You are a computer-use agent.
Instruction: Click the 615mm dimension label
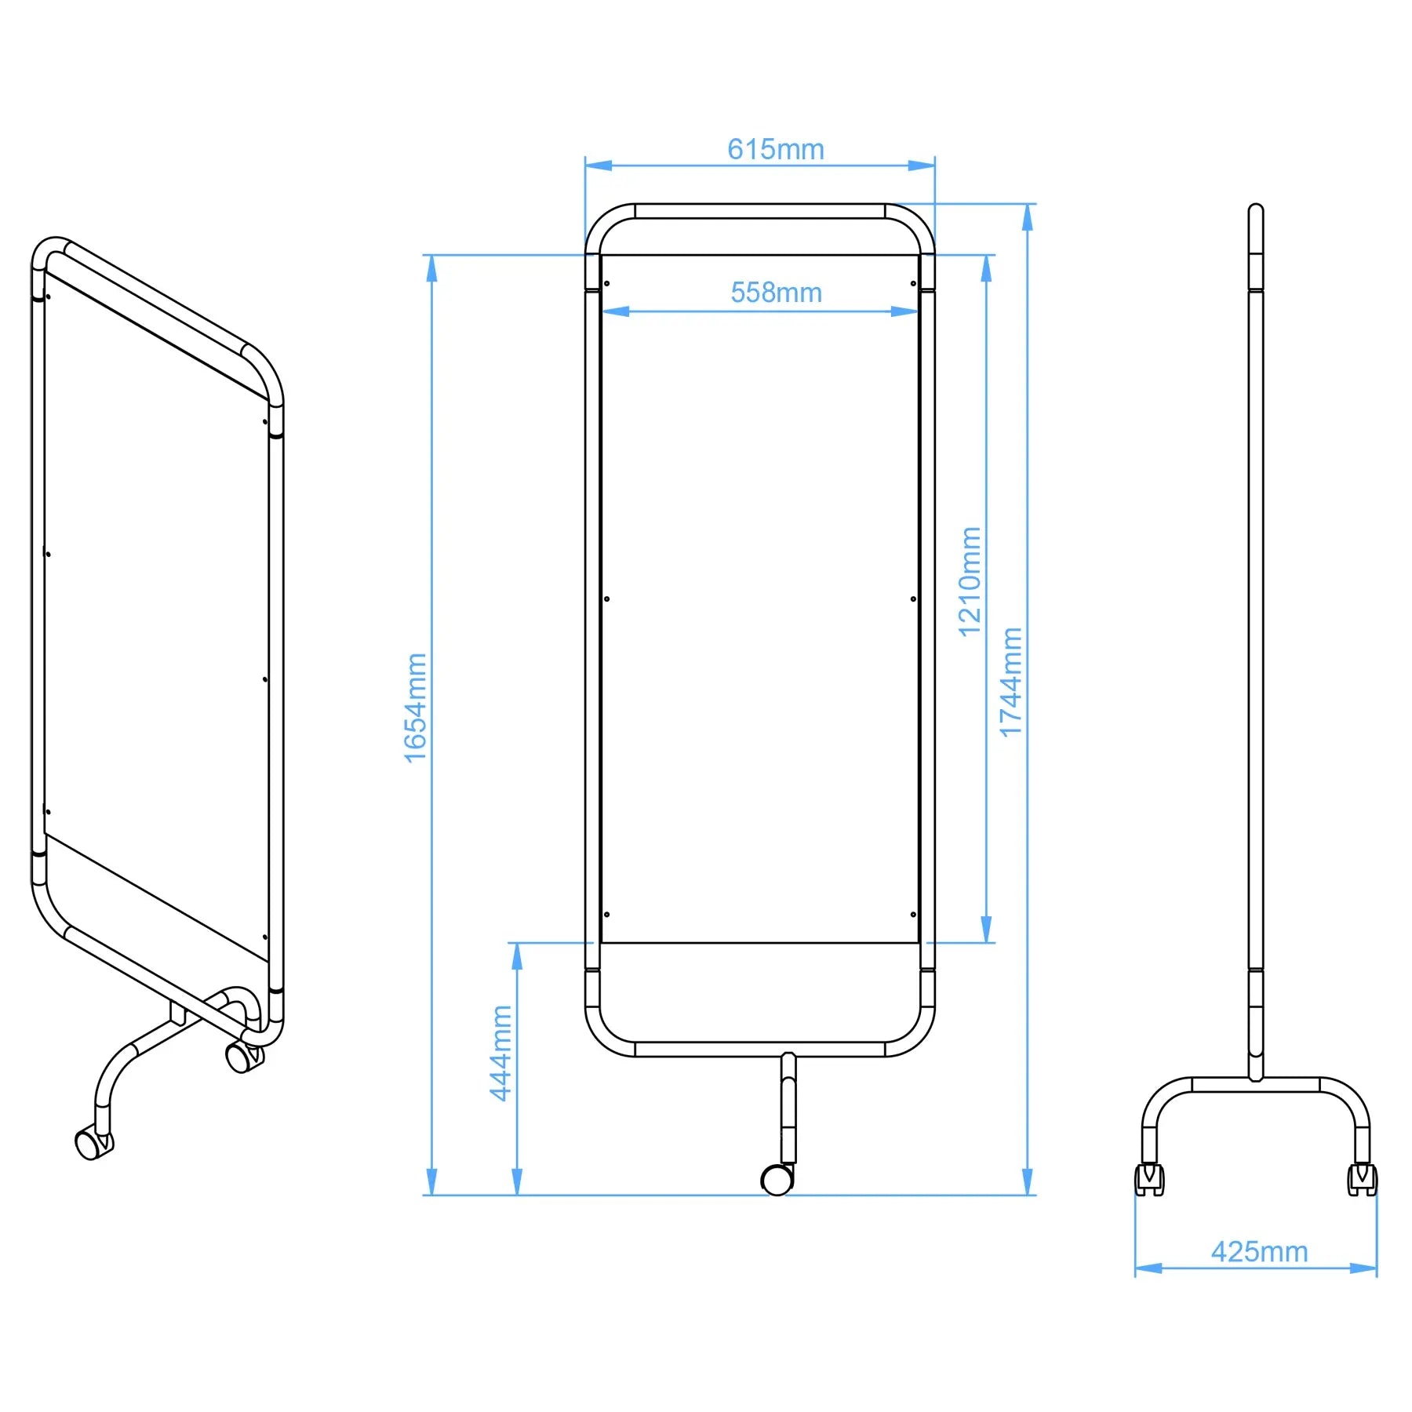pyautogui.click(x=775, y=149)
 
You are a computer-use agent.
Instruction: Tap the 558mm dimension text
pyautogui.click(x=776, y=293)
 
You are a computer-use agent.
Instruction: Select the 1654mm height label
pyautogui.click(x=416, y=707)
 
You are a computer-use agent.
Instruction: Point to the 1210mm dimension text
pyautogui.click(x=970, y=581)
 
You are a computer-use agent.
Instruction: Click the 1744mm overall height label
pyautogui.click(x=1011, y=682)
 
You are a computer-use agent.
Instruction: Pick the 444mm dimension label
pyautogui.click(x=500, y=1053)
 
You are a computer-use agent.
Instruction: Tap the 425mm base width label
pyautogui.click(x=1259, y=1251)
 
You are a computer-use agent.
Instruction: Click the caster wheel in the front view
pyautogui.click(x=777, y=1179)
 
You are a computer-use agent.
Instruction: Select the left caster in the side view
pyautogui.click(x=1149, y=1178)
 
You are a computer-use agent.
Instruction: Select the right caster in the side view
pyautogui.click(x=1362, y=1178)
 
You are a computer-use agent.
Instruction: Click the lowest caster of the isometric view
pyautogui.click(x=93, y=1143)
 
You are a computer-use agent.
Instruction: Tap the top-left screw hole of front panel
pyautogui.click(x=606, y=283)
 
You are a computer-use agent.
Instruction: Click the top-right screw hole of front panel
pyautogui.click(x=913, y=283)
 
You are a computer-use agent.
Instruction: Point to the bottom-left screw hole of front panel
pyautogui.click(x=606, y=914)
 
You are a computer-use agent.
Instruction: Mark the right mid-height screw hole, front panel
pyautogui.click(x=913, y=599)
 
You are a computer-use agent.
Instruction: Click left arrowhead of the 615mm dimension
pyautogui.click(x=598, y=166)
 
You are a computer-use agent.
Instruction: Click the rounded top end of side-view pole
pyautogui.click(x=1255, y=209)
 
